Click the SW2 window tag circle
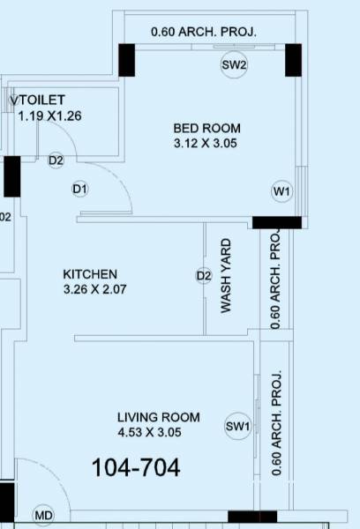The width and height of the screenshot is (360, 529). click(234, 65)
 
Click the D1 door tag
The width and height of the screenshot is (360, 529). click(80, 189)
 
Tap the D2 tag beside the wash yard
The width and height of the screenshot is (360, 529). click(204, 276)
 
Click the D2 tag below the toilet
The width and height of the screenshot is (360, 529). click(56, 160)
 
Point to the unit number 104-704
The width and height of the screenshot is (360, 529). click(136, 468)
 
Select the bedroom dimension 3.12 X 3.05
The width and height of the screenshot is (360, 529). click(206, 143)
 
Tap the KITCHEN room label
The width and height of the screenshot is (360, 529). click(90, 274)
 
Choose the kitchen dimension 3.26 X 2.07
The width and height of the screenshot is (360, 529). click(96, 288)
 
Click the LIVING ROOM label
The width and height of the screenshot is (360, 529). click(159, 417)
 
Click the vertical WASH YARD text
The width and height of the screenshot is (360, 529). click(227, 276)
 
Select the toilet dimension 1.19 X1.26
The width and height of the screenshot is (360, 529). click(49, 115)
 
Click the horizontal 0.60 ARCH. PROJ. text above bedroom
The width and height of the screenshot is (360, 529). click(204, 32)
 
